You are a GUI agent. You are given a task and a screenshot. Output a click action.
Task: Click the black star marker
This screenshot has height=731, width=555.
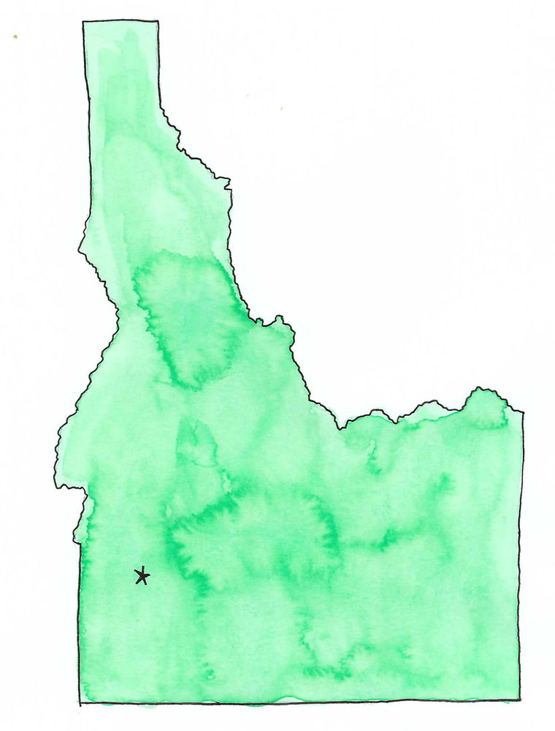142,576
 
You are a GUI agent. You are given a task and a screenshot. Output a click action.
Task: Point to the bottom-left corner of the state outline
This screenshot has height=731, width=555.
79,703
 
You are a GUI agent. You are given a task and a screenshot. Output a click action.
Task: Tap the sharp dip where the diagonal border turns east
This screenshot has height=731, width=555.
338,428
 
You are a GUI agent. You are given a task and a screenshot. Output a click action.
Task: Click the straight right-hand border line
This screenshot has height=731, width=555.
521,556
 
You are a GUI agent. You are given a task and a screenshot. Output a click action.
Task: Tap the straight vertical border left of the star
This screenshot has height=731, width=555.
79,621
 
